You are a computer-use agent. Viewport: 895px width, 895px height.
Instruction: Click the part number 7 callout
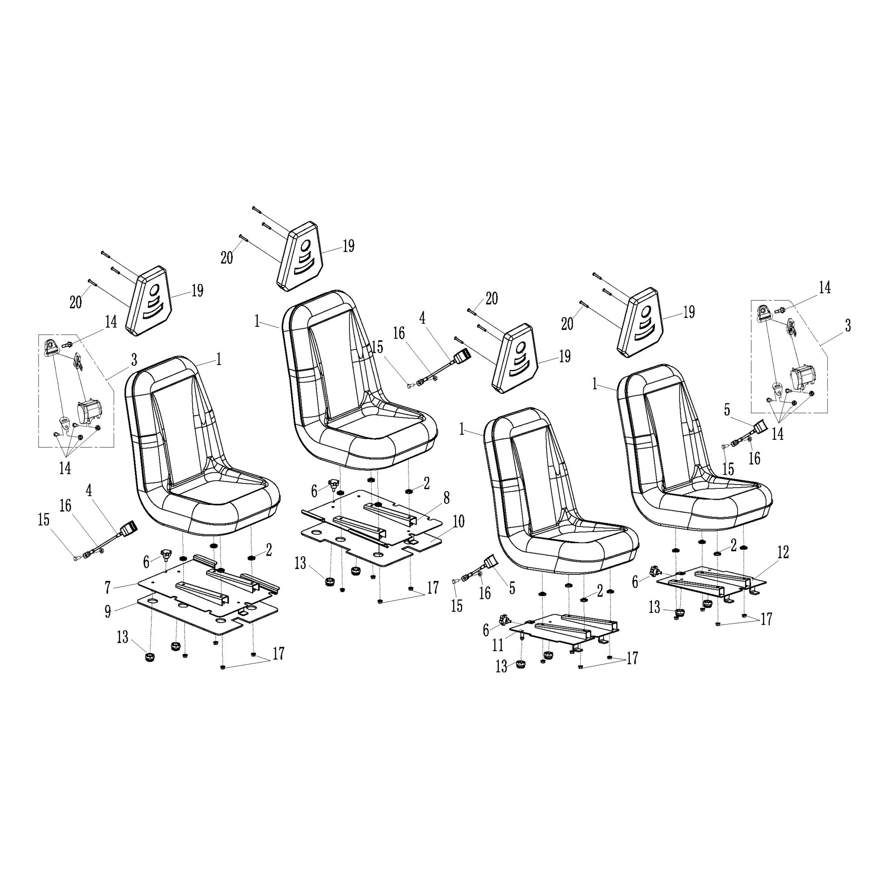click(x=107, y=587)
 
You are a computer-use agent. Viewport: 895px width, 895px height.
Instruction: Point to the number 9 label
click(x=107, y=611)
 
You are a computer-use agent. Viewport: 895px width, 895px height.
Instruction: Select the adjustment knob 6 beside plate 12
click(x=655, y=571)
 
